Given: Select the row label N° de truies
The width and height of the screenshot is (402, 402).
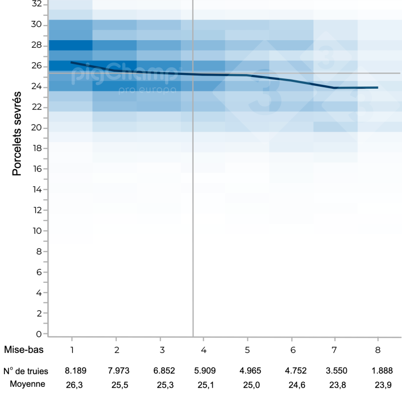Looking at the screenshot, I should click(25, 371).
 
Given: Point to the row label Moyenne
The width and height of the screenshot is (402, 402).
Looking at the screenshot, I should click(27, 384).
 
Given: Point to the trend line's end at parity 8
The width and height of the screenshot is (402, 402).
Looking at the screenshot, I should click(377, 87).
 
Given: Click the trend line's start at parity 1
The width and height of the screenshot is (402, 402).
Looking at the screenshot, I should click(72, 62).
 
